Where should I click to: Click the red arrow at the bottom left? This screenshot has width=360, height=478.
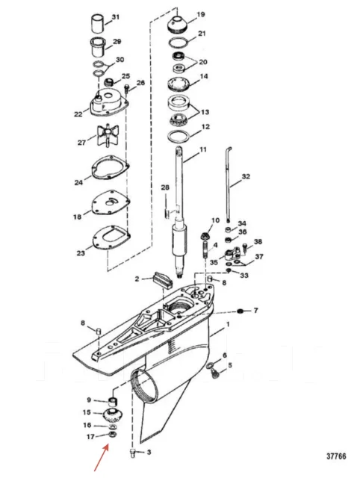click(102, 457)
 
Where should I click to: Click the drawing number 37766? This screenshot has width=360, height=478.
click(336, 456)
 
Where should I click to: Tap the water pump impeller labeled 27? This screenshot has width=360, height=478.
click(108, 134)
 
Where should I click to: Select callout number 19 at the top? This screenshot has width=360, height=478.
click(201, 14)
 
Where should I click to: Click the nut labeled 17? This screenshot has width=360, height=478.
click(112, 434)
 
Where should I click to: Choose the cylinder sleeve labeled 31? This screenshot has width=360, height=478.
click(98, 23)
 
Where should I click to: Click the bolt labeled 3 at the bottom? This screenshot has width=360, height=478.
click(133, 453)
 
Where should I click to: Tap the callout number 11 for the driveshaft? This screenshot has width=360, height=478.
click(202, 149)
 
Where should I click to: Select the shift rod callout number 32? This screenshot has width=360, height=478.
click(246, 176)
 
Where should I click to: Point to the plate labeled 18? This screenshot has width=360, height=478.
click(111, 202)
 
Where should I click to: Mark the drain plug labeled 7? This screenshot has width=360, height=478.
click(240, 311)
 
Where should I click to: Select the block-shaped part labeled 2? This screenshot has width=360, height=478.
click(162, 279)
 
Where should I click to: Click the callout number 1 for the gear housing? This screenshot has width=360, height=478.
click(228, 324)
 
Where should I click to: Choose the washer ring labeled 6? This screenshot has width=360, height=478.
click(210, 365)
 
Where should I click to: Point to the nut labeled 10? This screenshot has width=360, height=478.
click(205, 236)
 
